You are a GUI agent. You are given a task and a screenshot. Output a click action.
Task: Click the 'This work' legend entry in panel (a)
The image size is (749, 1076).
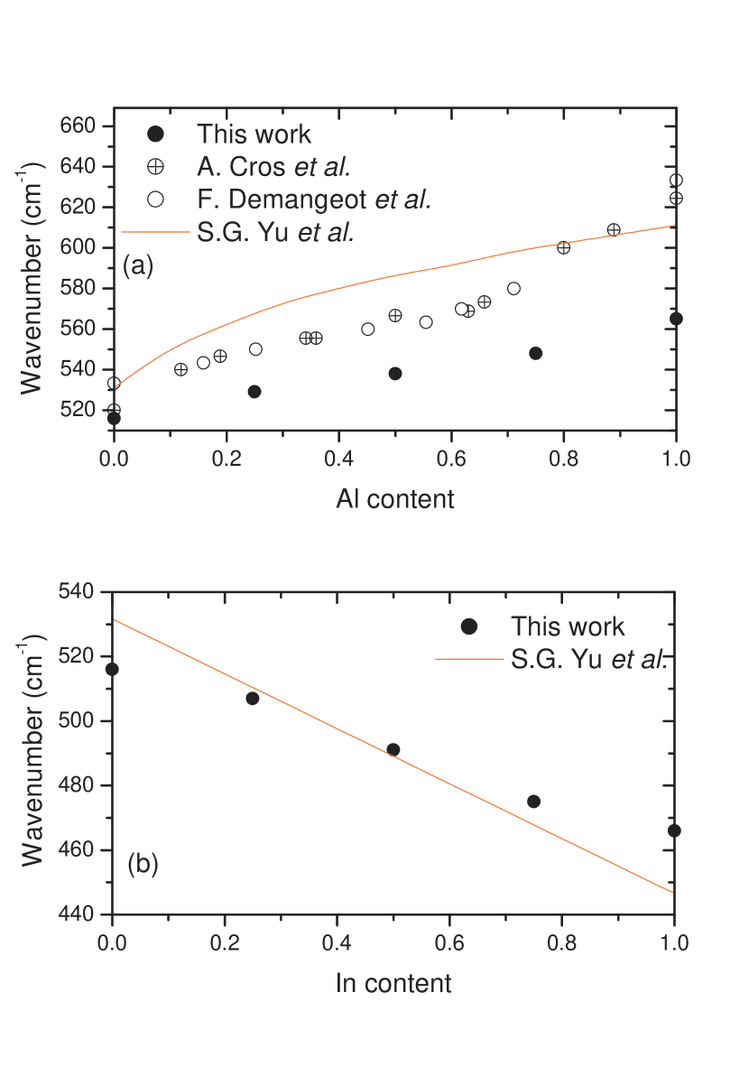pos(254,134)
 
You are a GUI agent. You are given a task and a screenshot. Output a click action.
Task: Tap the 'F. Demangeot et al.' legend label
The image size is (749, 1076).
pos(313,199)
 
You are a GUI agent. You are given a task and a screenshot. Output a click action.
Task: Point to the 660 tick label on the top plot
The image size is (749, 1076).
pos(78,126)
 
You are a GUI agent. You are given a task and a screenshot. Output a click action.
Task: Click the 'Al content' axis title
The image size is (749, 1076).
pos(394,499)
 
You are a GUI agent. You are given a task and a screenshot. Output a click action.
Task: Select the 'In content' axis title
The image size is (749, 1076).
pos(393,983)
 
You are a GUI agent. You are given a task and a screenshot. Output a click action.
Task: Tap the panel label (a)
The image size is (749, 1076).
pos(138,266)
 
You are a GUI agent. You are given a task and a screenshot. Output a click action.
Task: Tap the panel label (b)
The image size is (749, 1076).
pos(143,864)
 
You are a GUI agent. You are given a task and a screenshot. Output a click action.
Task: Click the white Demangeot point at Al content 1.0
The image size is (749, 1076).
pos(676,181)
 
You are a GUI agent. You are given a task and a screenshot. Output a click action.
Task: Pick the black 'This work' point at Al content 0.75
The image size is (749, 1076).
pos(535,353)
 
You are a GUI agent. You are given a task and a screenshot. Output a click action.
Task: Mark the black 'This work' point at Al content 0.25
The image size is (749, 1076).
pos(254,392)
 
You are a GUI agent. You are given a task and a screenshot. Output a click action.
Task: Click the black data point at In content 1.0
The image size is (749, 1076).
pos(674,830)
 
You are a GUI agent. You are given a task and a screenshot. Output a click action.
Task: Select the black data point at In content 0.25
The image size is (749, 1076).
pos(253,699)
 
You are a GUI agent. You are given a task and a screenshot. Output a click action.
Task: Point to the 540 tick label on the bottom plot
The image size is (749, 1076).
pos(76,591)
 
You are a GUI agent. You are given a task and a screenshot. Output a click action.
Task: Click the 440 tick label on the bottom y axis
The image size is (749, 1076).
pos(76,914)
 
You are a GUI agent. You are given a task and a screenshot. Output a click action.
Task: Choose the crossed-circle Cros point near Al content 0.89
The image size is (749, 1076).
pos(614,229)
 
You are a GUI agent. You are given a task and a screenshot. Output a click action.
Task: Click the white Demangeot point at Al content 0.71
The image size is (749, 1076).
pos(513,289)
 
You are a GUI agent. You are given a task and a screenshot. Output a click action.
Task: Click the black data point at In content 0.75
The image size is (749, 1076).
pos(533,802)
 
